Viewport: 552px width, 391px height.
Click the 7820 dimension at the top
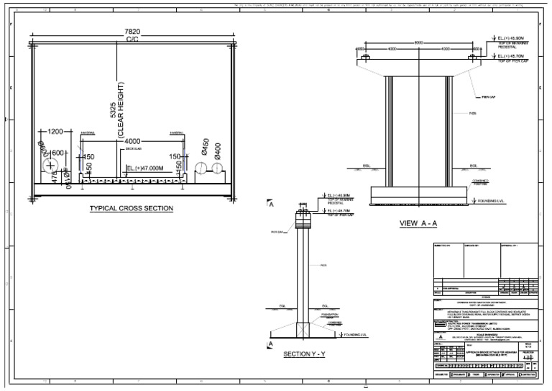pyautogui.click(x=132, y=32)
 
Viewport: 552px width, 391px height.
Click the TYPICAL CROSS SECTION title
pyautogui.click(x=132, y=209)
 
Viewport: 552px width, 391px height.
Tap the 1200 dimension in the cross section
pyautogui.click(x=56, y=132)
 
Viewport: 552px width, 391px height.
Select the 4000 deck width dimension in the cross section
pyautogui.click(x=132, y=140)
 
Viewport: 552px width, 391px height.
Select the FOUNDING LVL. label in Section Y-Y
pyautogui.click(x=337, y=334)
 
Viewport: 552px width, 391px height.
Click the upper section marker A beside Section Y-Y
pyautogui.click(x=271, y=204)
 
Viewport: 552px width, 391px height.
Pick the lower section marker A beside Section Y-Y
pyautogui.click(x=271, y=345)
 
